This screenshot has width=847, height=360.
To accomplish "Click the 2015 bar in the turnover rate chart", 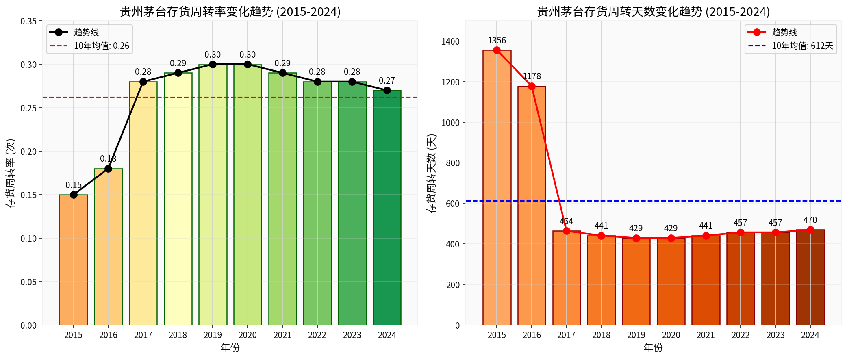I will [74, 260].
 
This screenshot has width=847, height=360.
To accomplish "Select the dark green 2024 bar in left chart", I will [387, 208].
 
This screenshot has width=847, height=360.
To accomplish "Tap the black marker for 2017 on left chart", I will [143, 82].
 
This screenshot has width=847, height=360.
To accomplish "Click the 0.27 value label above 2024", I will [387, 80].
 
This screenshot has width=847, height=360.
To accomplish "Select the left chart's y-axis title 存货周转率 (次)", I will [11, 173].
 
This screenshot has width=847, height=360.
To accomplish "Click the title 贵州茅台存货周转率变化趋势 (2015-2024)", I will [230, 11].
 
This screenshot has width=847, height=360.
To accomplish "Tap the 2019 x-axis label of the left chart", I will [213, 335].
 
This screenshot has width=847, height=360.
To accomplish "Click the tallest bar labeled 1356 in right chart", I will [497, 187].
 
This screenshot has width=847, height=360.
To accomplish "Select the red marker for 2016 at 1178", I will [532, 86].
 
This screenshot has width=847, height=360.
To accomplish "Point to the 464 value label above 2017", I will [566, 221].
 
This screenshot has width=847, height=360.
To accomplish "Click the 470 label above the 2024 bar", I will [810, 220].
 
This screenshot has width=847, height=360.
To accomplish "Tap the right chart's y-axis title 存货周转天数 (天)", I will [432, 173].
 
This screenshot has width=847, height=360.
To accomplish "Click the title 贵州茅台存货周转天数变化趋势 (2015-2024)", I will [654, 11].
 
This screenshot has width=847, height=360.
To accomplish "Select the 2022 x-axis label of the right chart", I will [741, 335].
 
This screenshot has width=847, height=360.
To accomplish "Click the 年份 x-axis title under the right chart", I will [654, 348].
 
